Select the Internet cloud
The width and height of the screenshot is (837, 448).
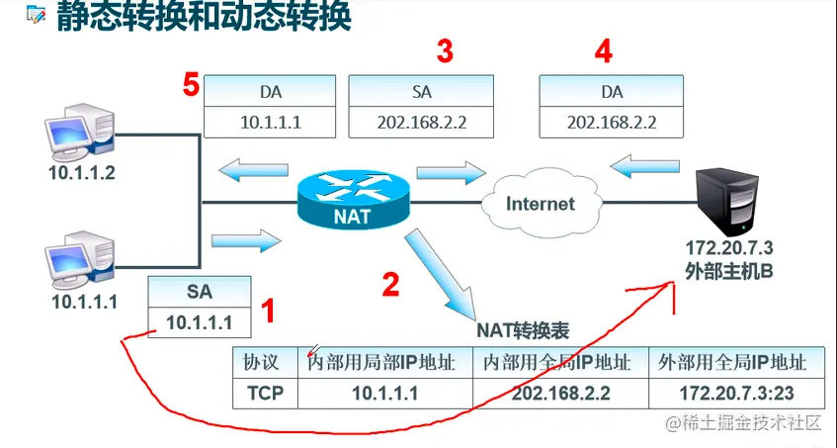pyautogui.click(x=540, y=204)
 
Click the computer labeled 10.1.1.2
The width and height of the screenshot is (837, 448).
pyautogui.click(x=77, y=137)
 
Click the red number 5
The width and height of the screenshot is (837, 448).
pyautogui.click(x=191, y=85)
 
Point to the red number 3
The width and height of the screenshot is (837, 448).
pyautogui.click(x=445, y=50)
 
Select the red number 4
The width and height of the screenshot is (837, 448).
pyautogui.click(x=603, y=50)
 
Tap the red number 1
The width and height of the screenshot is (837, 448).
pyautogui.click(x=268, y=314)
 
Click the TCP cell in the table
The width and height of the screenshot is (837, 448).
pyautogui.click(x=264, y=393)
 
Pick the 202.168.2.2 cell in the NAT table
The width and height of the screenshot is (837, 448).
pyautogui.click(x=560, y=393)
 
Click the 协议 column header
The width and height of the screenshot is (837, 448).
pyautogui.click(x=264, y=362)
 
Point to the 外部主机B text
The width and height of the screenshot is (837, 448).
pyautogui.click(x=727, y=268)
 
